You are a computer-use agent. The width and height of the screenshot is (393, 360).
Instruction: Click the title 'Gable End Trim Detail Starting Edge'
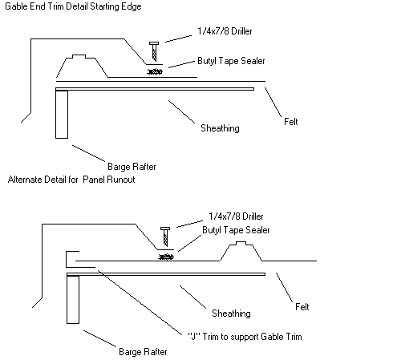(73, 6)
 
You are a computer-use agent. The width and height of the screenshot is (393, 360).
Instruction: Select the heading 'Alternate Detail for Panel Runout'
(71, 180)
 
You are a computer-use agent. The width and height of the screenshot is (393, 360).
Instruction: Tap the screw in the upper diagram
(154, 51)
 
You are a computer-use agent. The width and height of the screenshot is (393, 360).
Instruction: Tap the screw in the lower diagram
(165, 237)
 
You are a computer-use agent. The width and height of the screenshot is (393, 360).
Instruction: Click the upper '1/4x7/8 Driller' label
(225, 31)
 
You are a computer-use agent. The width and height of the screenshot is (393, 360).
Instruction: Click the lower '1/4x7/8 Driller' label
(236, 216)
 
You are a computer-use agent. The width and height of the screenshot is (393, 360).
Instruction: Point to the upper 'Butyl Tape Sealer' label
(231, 61)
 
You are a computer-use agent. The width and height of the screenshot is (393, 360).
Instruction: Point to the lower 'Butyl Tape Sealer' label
(236, 230)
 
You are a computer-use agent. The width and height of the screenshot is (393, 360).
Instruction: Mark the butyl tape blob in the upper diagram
(155, 71)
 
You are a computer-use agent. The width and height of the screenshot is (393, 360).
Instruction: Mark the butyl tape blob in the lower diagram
(166, 257)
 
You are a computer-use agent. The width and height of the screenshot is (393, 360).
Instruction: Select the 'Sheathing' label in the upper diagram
(220, 128)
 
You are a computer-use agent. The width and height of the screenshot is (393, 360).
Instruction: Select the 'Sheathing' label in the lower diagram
(231, 313)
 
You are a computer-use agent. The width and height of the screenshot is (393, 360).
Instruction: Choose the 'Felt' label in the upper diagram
(291, 122)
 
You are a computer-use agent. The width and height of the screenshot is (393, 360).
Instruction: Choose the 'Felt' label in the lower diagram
(302, 307)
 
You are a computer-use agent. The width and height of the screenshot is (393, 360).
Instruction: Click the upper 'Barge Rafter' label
(132, 167)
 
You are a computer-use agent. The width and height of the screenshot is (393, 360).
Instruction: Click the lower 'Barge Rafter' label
(143, 352)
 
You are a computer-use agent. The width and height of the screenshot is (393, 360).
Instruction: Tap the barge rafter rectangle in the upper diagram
(62, 115)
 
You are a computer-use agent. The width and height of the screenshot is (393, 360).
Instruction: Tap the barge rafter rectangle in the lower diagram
(73, 300)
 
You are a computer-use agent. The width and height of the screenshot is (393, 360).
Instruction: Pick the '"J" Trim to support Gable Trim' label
(245, 337)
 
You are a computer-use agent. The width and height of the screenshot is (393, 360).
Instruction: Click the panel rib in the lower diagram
(241, 251)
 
